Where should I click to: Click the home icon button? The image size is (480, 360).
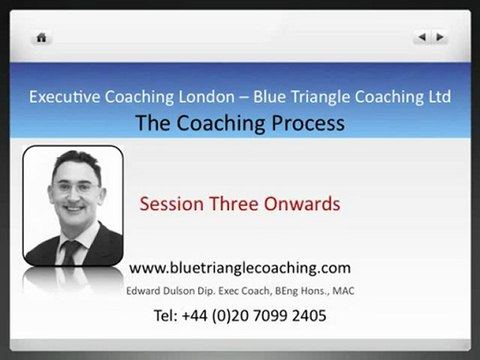click(x=42, y=37)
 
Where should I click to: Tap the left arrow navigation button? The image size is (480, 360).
click(x=422, y=37)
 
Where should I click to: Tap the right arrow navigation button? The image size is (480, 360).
click(x=440, y=37)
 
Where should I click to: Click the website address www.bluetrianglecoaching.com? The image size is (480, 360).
click(x=240, y=267)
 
